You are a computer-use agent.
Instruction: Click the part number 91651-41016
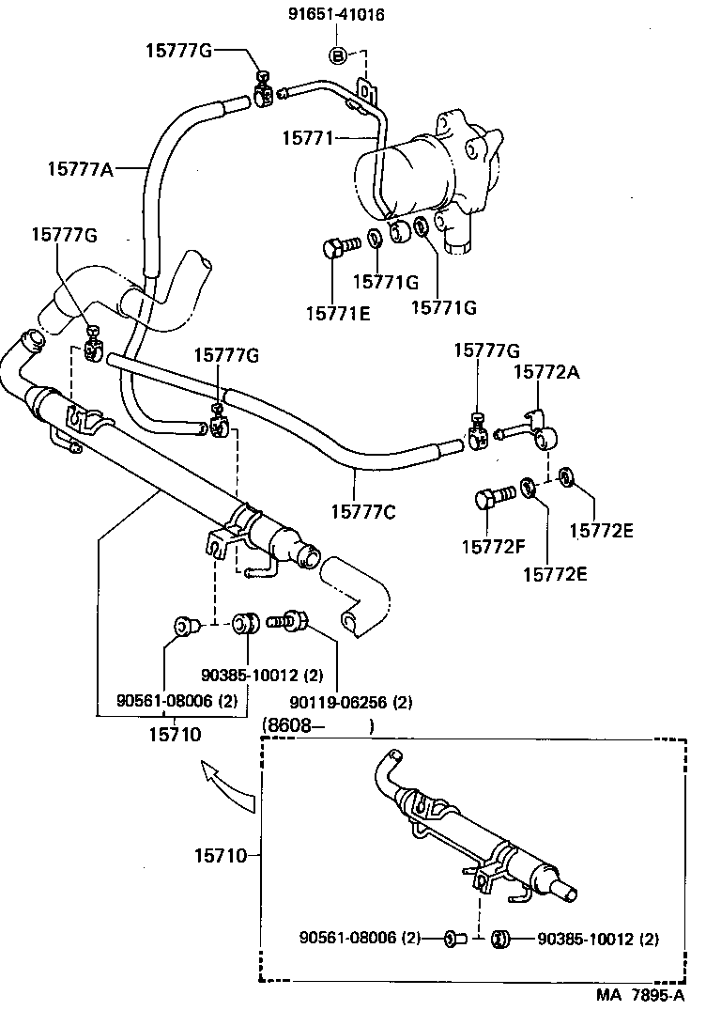pos(338,15)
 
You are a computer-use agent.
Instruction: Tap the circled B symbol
pos(339,56)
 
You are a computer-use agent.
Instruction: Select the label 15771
pos(307,138)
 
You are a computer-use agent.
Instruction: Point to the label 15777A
pos(81,169)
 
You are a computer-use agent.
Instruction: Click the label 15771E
pos(338,311)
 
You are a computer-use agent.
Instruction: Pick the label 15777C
pos(363,511)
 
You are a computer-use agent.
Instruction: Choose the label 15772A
pos(546,373)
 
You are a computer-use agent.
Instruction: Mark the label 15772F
pos(492,545)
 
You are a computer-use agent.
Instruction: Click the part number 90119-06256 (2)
pos(337,701)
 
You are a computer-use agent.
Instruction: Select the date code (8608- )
pos(319,725)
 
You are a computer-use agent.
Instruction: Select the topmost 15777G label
pos(179,50)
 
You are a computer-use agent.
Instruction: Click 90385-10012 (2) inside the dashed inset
pos(598,938)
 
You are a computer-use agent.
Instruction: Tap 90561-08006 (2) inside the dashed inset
pos(360,938)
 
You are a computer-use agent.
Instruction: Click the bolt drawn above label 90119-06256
pos(284,620)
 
